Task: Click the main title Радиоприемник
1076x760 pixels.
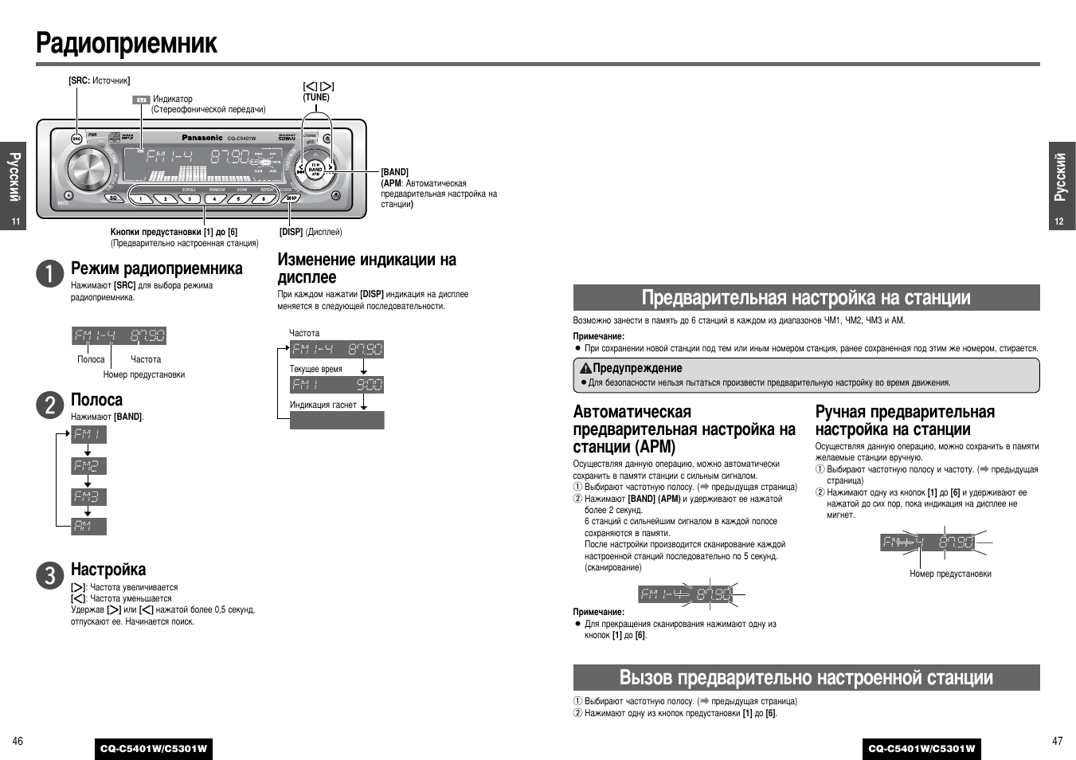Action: coord(127,43)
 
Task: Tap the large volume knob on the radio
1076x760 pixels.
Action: coord(88,168)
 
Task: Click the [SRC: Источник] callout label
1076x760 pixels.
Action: coord(99,80)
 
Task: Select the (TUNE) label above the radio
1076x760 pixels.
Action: coord(316,97)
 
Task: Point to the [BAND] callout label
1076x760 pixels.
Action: coord(394,172)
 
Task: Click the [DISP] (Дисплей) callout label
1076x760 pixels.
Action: coord(310,232)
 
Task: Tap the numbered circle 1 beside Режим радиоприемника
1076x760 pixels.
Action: coord(49,273)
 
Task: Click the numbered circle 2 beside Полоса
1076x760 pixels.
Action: coord(49,405)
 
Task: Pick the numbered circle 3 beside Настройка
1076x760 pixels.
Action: coord(49,574)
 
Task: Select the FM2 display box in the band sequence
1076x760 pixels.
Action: coord(88,465)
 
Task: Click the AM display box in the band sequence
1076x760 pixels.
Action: coord(88,526)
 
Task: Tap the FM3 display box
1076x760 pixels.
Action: coord(88,496)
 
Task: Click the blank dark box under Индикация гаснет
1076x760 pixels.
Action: coord(336,420)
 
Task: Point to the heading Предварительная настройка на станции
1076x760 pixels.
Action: coord(806,298)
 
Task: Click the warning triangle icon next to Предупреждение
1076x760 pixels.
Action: coord(585,368)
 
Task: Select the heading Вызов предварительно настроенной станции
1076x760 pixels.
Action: coord(806,678)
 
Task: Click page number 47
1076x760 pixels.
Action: coord(1057,741)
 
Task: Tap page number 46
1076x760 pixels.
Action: coord(18,741)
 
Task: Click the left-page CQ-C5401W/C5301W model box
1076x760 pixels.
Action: coord(154,748)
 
